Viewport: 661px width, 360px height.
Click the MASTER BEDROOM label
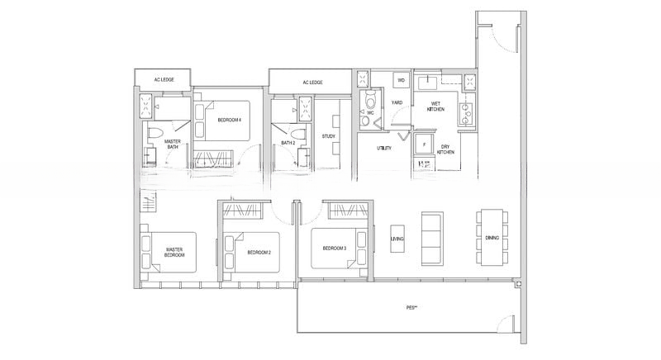click(174, 253)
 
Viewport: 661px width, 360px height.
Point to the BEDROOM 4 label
click(229, 120)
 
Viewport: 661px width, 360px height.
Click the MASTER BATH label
click(173, 144)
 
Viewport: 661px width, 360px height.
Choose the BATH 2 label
click(288, 143)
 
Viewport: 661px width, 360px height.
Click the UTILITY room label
click(383, 149)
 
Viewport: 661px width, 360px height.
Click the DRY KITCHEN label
click(445, 149)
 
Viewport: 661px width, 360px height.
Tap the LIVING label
click(397, 239)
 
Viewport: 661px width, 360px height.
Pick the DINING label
click(515, 237)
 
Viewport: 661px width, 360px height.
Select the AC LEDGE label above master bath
click(164, 79)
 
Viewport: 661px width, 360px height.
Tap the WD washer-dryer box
click(402, 80)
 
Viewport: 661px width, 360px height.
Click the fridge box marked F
click(425, 144)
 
